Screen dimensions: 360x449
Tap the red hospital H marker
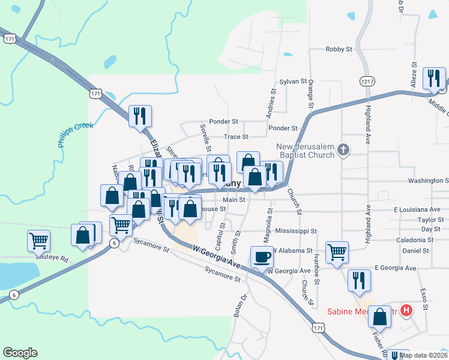point(406,310)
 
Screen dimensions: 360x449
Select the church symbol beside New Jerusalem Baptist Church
point(343,149)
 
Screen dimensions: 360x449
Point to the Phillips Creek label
point(73,135)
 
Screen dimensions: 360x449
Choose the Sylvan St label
point(293,81)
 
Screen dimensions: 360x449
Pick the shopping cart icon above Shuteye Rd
point(38,241)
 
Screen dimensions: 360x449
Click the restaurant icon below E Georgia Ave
point(359,280)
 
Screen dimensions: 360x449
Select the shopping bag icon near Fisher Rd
point(379,316)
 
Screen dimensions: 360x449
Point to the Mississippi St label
point(296,231)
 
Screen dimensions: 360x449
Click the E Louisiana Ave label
point(417,209)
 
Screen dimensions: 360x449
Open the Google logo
point(20,353)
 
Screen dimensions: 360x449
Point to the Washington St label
point(428,180)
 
